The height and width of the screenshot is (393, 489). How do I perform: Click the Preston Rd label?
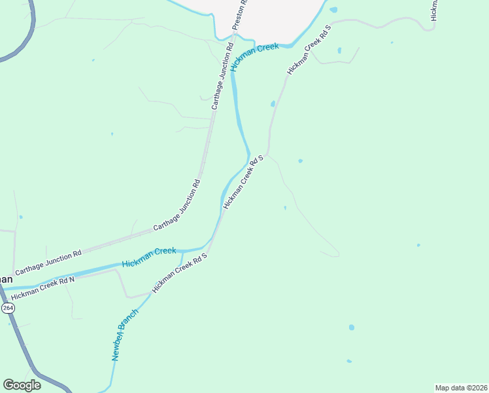241,14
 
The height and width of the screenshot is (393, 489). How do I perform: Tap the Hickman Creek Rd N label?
42,288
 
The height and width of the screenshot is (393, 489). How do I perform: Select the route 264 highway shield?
7,307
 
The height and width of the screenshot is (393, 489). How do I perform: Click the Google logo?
22,384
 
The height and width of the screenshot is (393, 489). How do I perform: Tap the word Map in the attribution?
444,387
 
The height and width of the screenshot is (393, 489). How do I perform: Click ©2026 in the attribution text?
474,387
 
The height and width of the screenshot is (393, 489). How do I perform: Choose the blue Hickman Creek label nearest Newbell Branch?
149,256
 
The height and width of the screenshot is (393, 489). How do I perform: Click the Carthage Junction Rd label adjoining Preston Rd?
222,76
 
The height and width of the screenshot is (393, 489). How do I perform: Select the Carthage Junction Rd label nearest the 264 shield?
48,261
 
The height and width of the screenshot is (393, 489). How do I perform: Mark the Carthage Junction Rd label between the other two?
176,205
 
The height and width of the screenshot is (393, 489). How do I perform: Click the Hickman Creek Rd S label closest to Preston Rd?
309,51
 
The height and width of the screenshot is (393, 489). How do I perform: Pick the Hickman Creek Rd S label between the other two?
243,182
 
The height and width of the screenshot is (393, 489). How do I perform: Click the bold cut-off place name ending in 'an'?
5,278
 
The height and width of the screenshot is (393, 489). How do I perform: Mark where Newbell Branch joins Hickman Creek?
182,252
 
